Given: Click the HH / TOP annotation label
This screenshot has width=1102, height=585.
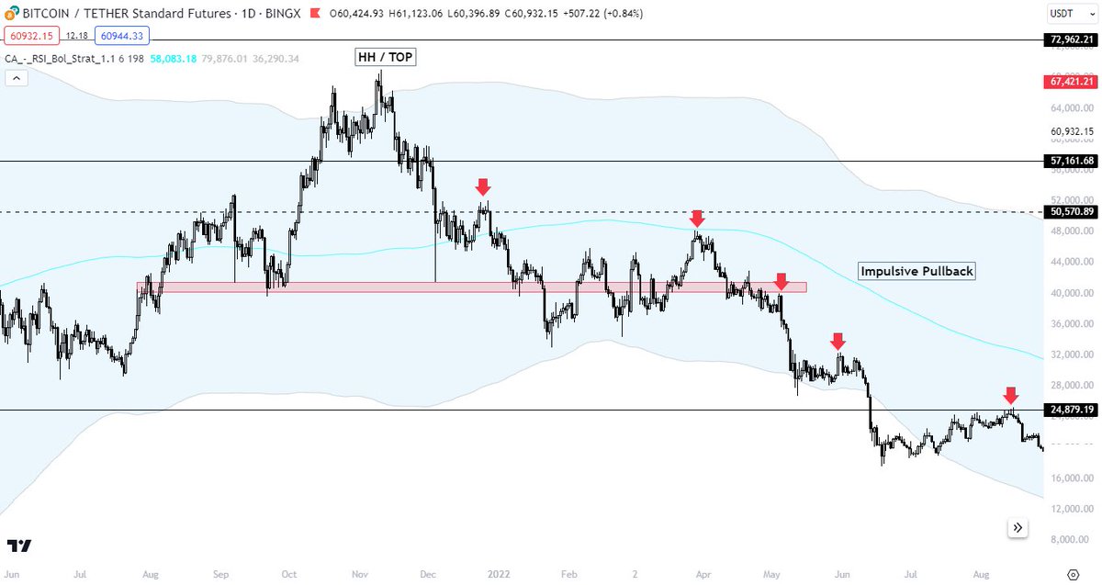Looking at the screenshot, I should tap(386, 57).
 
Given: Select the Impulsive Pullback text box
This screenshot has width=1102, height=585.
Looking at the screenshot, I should tap(916, 271).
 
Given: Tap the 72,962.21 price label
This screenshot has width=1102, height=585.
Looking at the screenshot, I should tap(1071, 39).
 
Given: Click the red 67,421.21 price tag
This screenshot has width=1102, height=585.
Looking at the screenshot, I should tap(1071, 82).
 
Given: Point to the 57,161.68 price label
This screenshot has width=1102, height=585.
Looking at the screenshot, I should tap(1071, 161).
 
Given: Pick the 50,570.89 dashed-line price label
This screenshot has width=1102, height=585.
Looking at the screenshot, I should tap(1071, 212).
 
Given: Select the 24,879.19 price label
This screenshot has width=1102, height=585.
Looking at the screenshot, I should tap(1071, 409).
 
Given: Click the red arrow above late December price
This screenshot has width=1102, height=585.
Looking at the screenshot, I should tap(483, 186).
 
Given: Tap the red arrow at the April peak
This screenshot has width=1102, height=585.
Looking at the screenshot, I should tap(697, 218).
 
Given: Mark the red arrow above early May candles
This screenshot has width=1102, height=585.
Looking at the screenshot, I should tap(781, 281).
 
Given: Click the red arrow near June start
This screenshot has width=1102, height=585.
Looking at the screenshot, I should tap(838, 341).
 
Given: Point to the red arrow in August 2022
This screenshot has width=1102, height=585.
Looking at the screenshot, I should tap(1010, 395).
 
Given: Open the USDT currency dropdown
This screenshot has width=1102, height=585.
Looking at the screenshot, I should tap(1070, 14).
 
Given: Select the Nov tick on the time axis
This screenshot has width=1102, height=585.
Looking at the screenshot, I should tap(360, 573).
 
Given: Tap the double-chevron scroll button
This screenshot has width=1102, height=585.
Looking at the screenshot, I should tap(1018, 527).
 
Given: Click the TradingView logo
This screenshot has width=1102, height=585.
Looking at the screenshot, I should tap(19, 546).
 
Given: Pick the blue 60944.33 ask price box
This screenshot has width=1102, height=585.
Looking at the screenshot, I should tap(120, 36).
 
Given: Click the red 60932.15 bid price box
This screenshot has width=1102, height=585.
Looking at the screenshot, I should tap(31, 36).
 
